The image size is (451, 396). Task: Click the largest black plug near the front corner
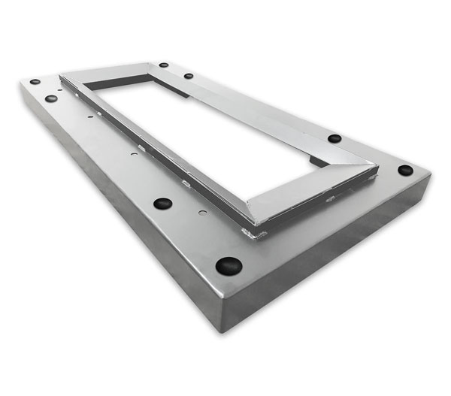point(229,265)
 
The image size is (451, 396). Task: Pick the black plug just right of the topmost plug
point(189,76)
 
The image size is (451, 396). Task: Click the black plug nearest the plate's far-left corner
point(35,81)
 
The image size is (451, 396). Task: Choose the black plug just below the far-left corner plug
point(51,98)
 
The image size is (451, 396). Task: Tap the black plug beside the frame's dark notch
point(334,138)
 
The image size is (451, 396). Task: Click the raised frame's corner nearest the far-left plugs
point(61,77)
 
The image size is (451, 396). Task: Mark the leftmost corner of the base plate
point(20,84)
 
